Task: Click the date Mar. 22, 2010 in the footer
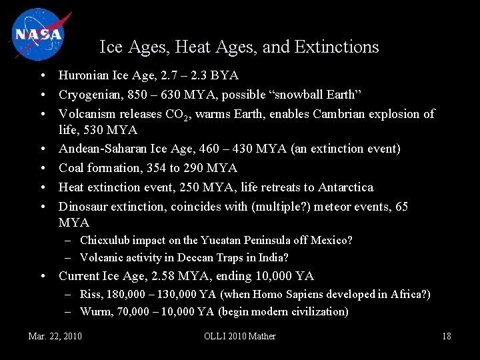click(55, 336)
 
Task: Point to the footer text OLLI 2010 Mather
click(239, 336)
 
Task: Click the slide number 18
click(446, 336)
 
